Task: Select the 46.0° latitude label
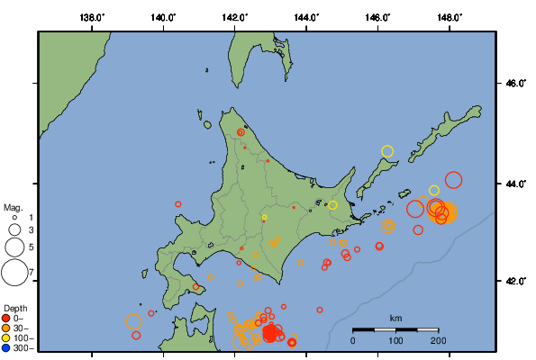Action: click(514, 83)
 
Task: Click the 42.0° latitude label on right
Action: click(514, 282)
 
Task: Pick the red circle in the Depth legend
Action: click(6, 318)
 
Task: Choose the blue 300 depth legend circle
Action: click(6, 347)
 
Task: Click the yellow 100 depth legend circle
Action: click(6, 337)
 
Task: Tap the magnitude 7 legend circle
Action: click(14, 271)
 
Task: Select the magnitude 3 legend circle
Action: click(14, 230)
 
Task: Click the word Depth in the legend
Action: click(14, 307)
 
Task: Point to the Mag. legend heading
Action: click(13, 207)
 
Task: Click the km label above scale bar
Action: click(395, 319)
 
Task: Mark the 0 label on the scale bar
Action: click(353, 340)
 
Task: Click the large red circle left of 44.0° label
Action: click(453, 180)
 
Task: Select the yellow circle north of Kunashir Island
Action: click(388, 151)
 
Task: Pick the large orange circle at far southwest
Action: click(134, 321)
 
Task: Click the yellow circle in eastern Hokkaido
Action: click(332, 205)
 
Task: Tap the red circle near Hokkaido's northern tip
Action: click(241, 132)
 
